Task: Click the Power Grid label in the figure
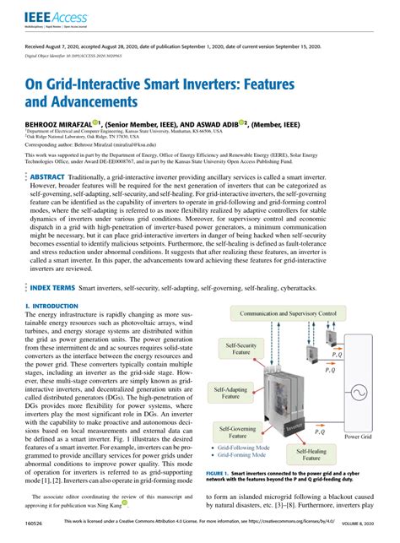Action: [357, 437]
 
